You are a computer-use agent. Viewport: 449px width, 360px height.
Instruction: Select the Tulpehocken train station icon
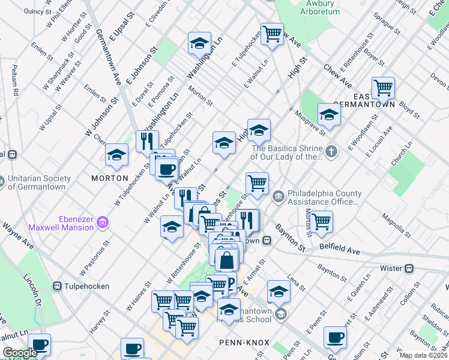(58, 286)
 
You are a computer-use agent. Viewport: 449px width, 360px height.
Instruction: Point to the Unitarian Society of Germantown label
(40, 182)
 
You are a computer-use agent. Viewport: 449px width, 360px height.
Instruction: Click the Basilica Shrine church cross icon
(331, 149)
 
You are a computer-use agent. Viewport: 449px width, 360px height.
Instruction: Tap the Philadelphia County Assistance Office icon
(278, 196)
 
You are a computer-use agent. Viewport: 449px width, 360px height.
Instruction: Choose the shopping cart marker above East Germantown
(382, 89)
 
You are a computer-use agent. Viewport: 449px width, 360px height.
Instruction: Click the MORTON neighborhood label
(110, 178)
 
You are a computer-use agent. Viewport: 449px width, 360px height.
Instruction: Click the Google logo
(19, 353)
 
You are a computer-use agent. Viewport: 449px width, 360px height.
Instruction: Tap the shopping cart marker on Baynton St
(322, 220)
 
